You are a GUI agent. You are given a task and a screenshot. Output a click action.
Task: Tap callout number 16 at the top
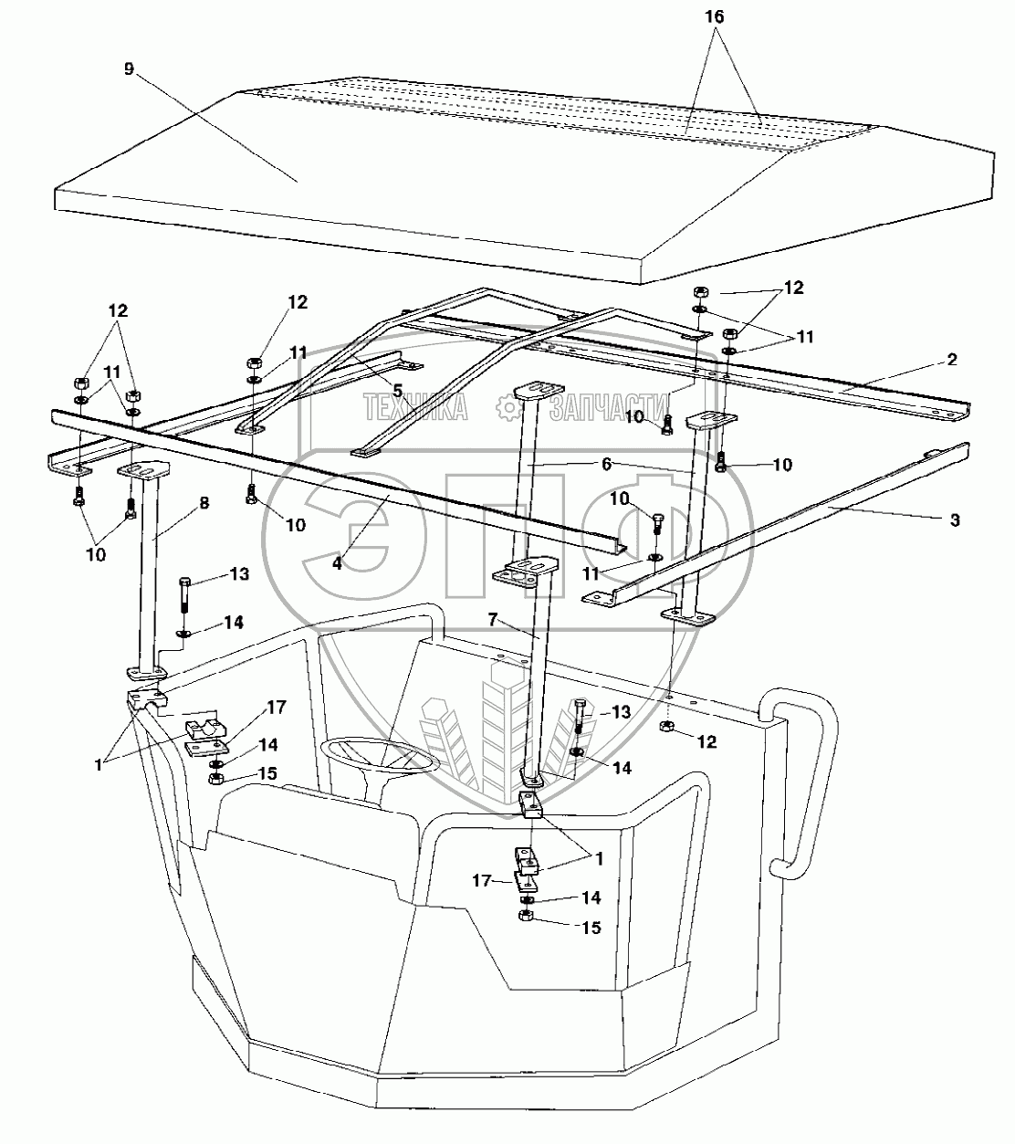tap(717, 16)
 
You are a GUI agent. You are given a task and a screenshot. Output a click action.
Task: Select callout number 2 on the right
tap(952, 360)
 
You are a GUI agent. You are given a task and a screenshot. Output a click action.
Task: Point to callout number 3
tap(955, 520)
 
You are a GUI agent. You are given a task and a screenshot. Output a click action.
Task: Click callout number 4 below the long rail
tap(337, 563)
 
